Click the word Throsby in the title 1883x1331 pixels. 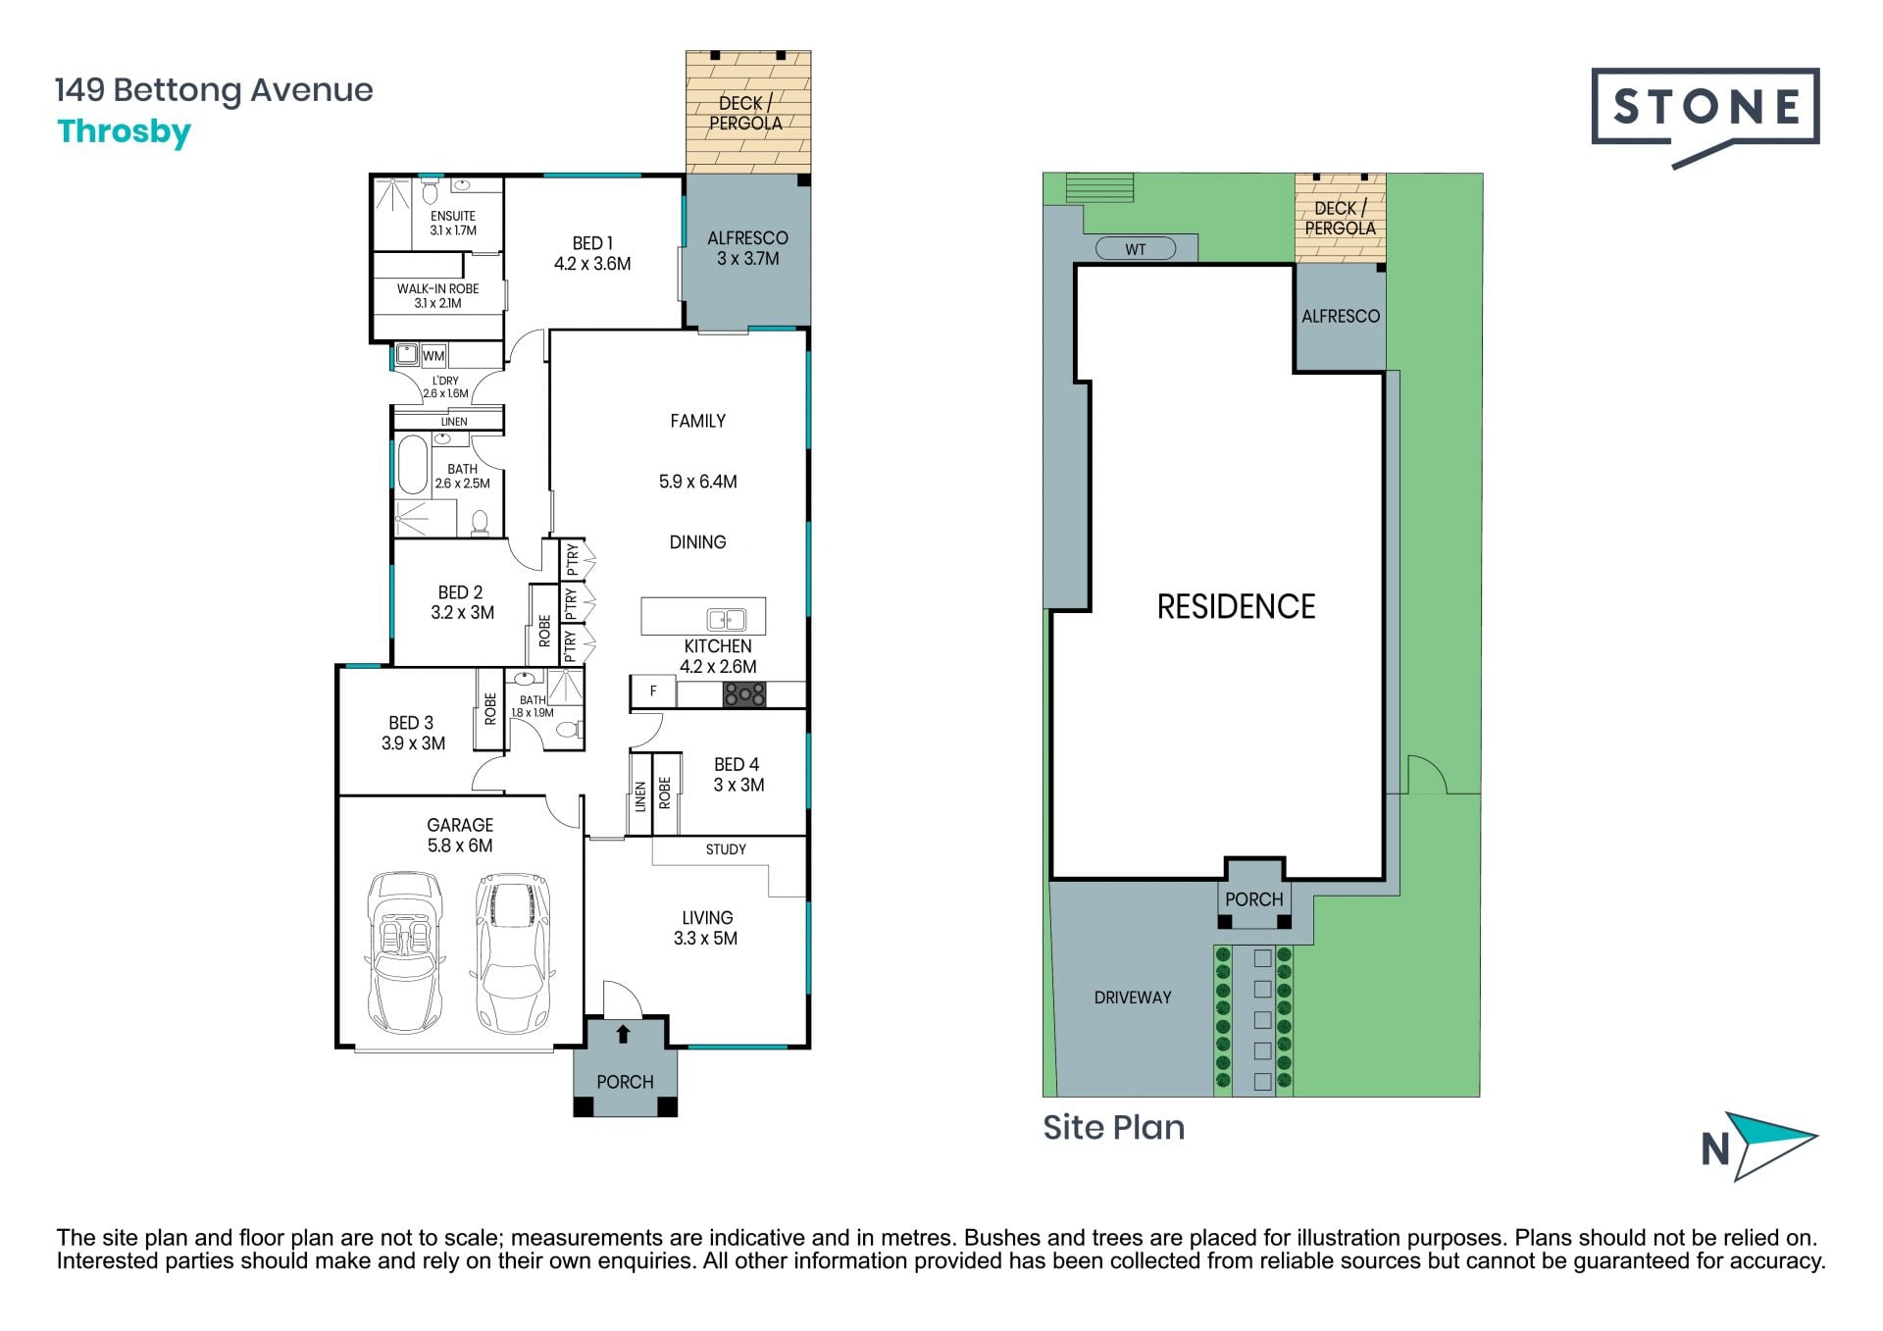tap(125, 132)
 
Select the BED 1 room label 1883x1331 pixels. tap(592, 242)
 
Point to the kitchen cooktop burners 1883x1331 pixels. tap(745, 694)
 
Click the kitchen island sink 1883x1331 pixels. tap(727, 619)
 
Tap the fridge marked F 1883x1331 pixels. tap(653, 691)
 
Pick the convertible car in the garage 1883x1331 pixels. tap(404, 951)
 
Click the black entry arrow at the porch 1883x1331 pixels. tap(623, 1034)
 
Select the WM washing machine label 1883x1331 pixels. tap(433, 356)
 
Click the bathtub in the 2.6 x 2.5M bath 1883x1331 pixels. tap(413, 465)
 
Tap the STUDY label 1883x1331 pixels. tap(726, 849)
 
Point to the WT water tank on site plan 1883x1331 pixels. tap(1135, 249)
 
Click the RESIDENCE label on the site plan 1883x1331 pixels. tap(1236, 607)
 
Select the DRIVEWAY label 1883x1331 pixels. tap(1133, 998)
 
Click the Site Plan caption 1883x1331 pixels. tap(1113, 1128)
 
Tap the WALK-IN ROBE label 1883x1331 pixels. tap(437, 288)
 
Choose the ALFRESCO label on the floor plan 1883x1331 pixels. tap(747, 238)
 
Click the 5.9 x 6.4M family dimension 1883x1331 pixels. tap(697, 482)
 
